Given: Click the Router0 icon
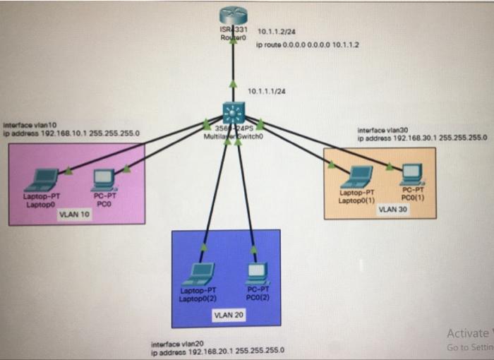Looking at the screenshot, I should click(x=233, y=16).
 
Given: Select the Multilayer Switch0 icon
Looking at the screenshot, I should click(x=233, y=114).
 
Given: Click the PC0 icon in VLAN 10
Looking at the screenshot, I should click(x=103, y=179).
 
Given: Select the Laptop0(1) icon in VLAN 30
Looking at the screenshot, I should click(x=360, y=176).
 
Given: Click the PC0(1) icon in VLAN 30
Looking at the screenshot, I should click(x=412, y=173).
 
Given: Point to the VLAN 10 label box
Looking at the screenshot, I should click(x=74, y=215).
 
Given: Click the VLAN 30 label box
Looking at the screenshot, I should click(x=392, y=209).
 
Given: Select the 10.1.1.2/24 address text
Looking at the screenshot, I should click(x=277, y=32).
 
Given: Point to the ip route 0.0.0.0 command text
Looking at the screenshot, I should click(x=308, y=44).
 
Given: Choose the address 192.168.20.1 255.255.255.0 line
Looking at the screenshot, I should click(x=219, y=351).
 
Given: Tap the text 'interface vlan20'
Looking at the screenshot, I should click(x=173, y=344).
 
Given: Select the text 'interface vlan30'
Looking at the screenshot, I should click(x=382, y=130).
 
